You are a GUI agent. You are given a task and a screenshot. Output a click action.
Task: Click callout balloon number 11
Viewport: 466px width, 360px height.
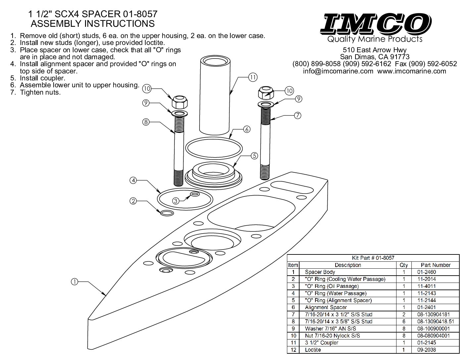coord(253,77)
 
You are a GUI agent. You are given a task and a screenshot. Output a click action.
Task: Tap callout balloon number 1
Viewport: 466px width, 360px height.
coord(74,282)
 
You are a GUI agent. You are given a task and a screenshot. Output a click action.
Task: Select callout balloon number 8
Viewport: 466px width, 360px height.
coord(146,122)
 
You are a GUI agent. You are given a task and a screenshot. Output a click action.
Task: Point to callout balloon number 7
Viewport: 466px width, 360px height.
coord(298,115)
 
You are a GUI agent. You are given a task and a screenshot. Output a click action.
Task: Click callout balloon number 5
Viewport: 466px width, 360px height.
coord(254,155)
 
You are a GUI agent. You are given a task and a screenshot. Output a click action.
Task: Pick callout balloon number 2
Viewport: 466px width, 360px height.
coord(133,201)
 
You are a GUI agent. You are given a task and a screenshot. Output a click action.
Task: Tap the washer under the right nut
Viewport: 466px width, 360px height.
coord(265,105)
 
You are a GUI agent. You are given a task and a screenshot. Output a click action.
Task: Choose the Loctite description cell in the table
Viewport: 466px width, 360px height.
coord(313,350)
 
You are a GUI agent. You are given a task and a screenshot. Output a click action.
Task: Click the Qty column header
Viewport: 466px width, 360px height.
coord(404,265)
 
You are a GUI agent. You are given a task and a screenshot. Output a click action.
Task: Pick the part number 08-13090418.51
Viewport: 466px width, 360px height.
coord(435,321)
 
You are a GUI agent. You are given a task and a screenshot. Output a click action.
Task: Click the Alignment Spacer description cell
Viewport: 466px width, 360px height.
coord(326,307)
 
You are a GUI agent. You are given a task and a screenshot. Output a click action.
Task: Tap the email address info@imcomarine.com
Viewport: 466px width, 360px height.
coord(338,71)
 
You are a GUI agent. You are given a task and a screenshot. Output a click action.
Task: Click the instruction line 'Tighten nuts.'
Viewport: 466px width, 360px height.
coord(40,92)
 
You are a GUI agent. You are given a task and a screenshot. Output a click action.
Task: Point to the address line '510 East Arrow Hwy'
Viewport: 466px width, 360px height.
coord(375,50)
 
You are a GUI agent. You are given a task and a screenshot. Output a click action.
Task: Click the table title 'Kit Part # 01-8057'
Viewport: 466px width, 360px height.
coord(373,258)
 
